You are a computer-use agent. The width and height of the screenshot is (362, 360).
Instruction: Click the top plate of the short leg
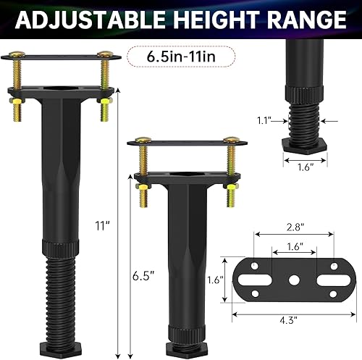183,145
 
